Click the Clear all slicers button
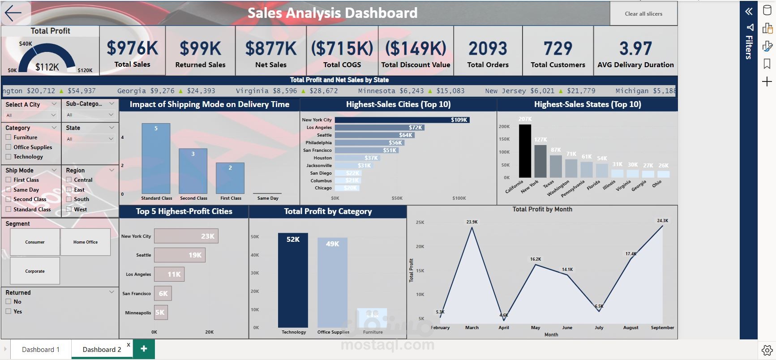pos(643,14)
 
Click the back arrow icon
pos(13,13)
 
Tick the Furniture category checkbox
pos(8,137)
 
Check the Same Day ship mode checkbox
pos(8,190)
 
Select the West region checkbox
pos(69,209)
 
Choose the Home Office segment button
pos(86,242)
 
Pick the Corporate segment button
pos(35,271)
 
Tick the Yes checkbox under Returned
pos(8,312)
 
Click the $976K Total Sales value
pos(133,48)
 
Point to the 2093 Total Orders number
pos(488,48)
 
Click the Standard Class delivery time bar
pos(156,159)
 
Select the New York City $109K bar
pos(402,120)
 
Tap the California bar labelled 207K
pos(525,151)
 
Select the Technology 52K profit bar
pos(293,280)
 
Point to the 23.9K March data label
pos(472,222)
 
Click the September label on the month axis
pos(662,328)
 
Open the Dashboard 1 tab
pos(41,350)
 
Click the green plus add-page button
pos(144,349)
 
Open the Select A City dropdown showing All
pos(31,115)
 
